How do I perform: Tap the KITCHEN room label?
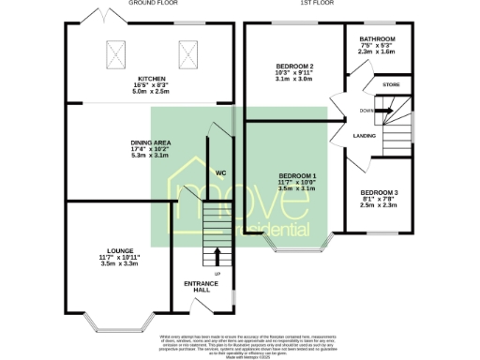(x=152, y=79)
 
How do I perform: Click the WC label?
(x=220, y=172)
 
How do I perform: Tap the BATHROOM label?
(x=379, y=39)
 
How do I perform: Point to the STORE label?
(x=391, y=84)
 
